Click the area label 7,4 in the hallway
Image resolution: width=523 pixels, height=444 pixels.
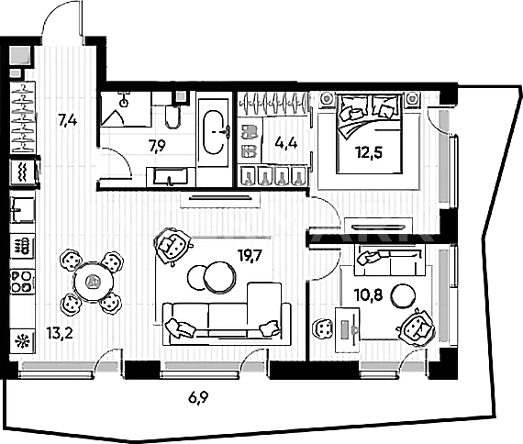[x=68, y=120]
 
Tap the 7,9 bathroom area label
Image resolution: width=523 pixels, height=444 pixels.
[x=158, y=146]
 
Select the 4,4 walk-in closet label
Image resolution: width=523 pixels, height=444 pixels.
[x=286, y=143]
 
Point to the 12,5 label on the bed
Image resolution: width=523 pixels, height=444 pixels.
[x=369, y=152]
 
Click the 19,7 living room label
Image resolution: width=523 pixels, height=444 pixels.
[x=250, y=256]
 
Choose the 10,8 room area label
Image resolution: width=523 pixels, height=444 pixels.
[x=368, y=295]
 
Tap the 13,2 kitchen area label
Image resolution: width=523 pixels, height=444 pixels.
[x=60, y=333]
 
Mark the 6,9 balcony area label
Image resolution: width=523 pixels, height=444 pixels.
[x=198, y=397]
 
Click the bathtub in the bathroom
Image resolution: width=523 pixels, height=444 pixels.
[x=214, y=132]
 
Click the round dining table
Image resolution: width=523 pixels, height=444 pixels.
[x=93, y=283]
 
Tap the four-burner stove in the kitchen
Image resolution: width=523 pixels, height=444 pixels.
[x=22, y=282]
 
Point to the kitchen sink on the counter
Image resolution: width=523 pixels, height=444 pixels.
[x=22, y=210]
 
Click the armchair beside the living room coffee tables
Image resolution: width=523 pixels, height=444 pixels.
[x=172, y=246]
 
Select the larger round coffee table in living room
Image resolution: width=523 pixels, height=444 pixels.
[x=220, y=277]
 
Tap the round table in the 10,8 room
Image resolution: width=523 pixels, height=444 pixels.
[x=403, y=295]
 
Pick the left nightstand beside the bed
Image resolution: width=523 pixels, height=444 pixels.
[x=328, y=100]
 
